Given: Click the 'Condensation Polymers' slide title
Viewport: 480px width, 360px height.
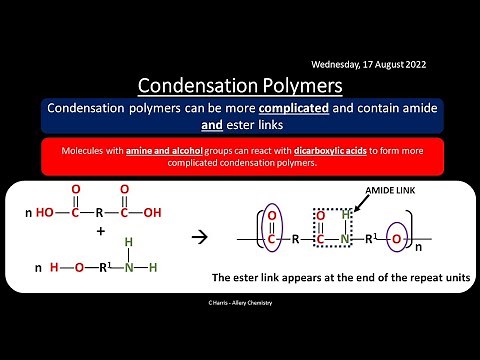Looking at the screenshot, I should (239, 84).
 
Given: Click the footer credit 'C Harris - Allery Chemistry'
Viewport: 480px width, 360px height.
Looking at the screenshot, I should (240, 301).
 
